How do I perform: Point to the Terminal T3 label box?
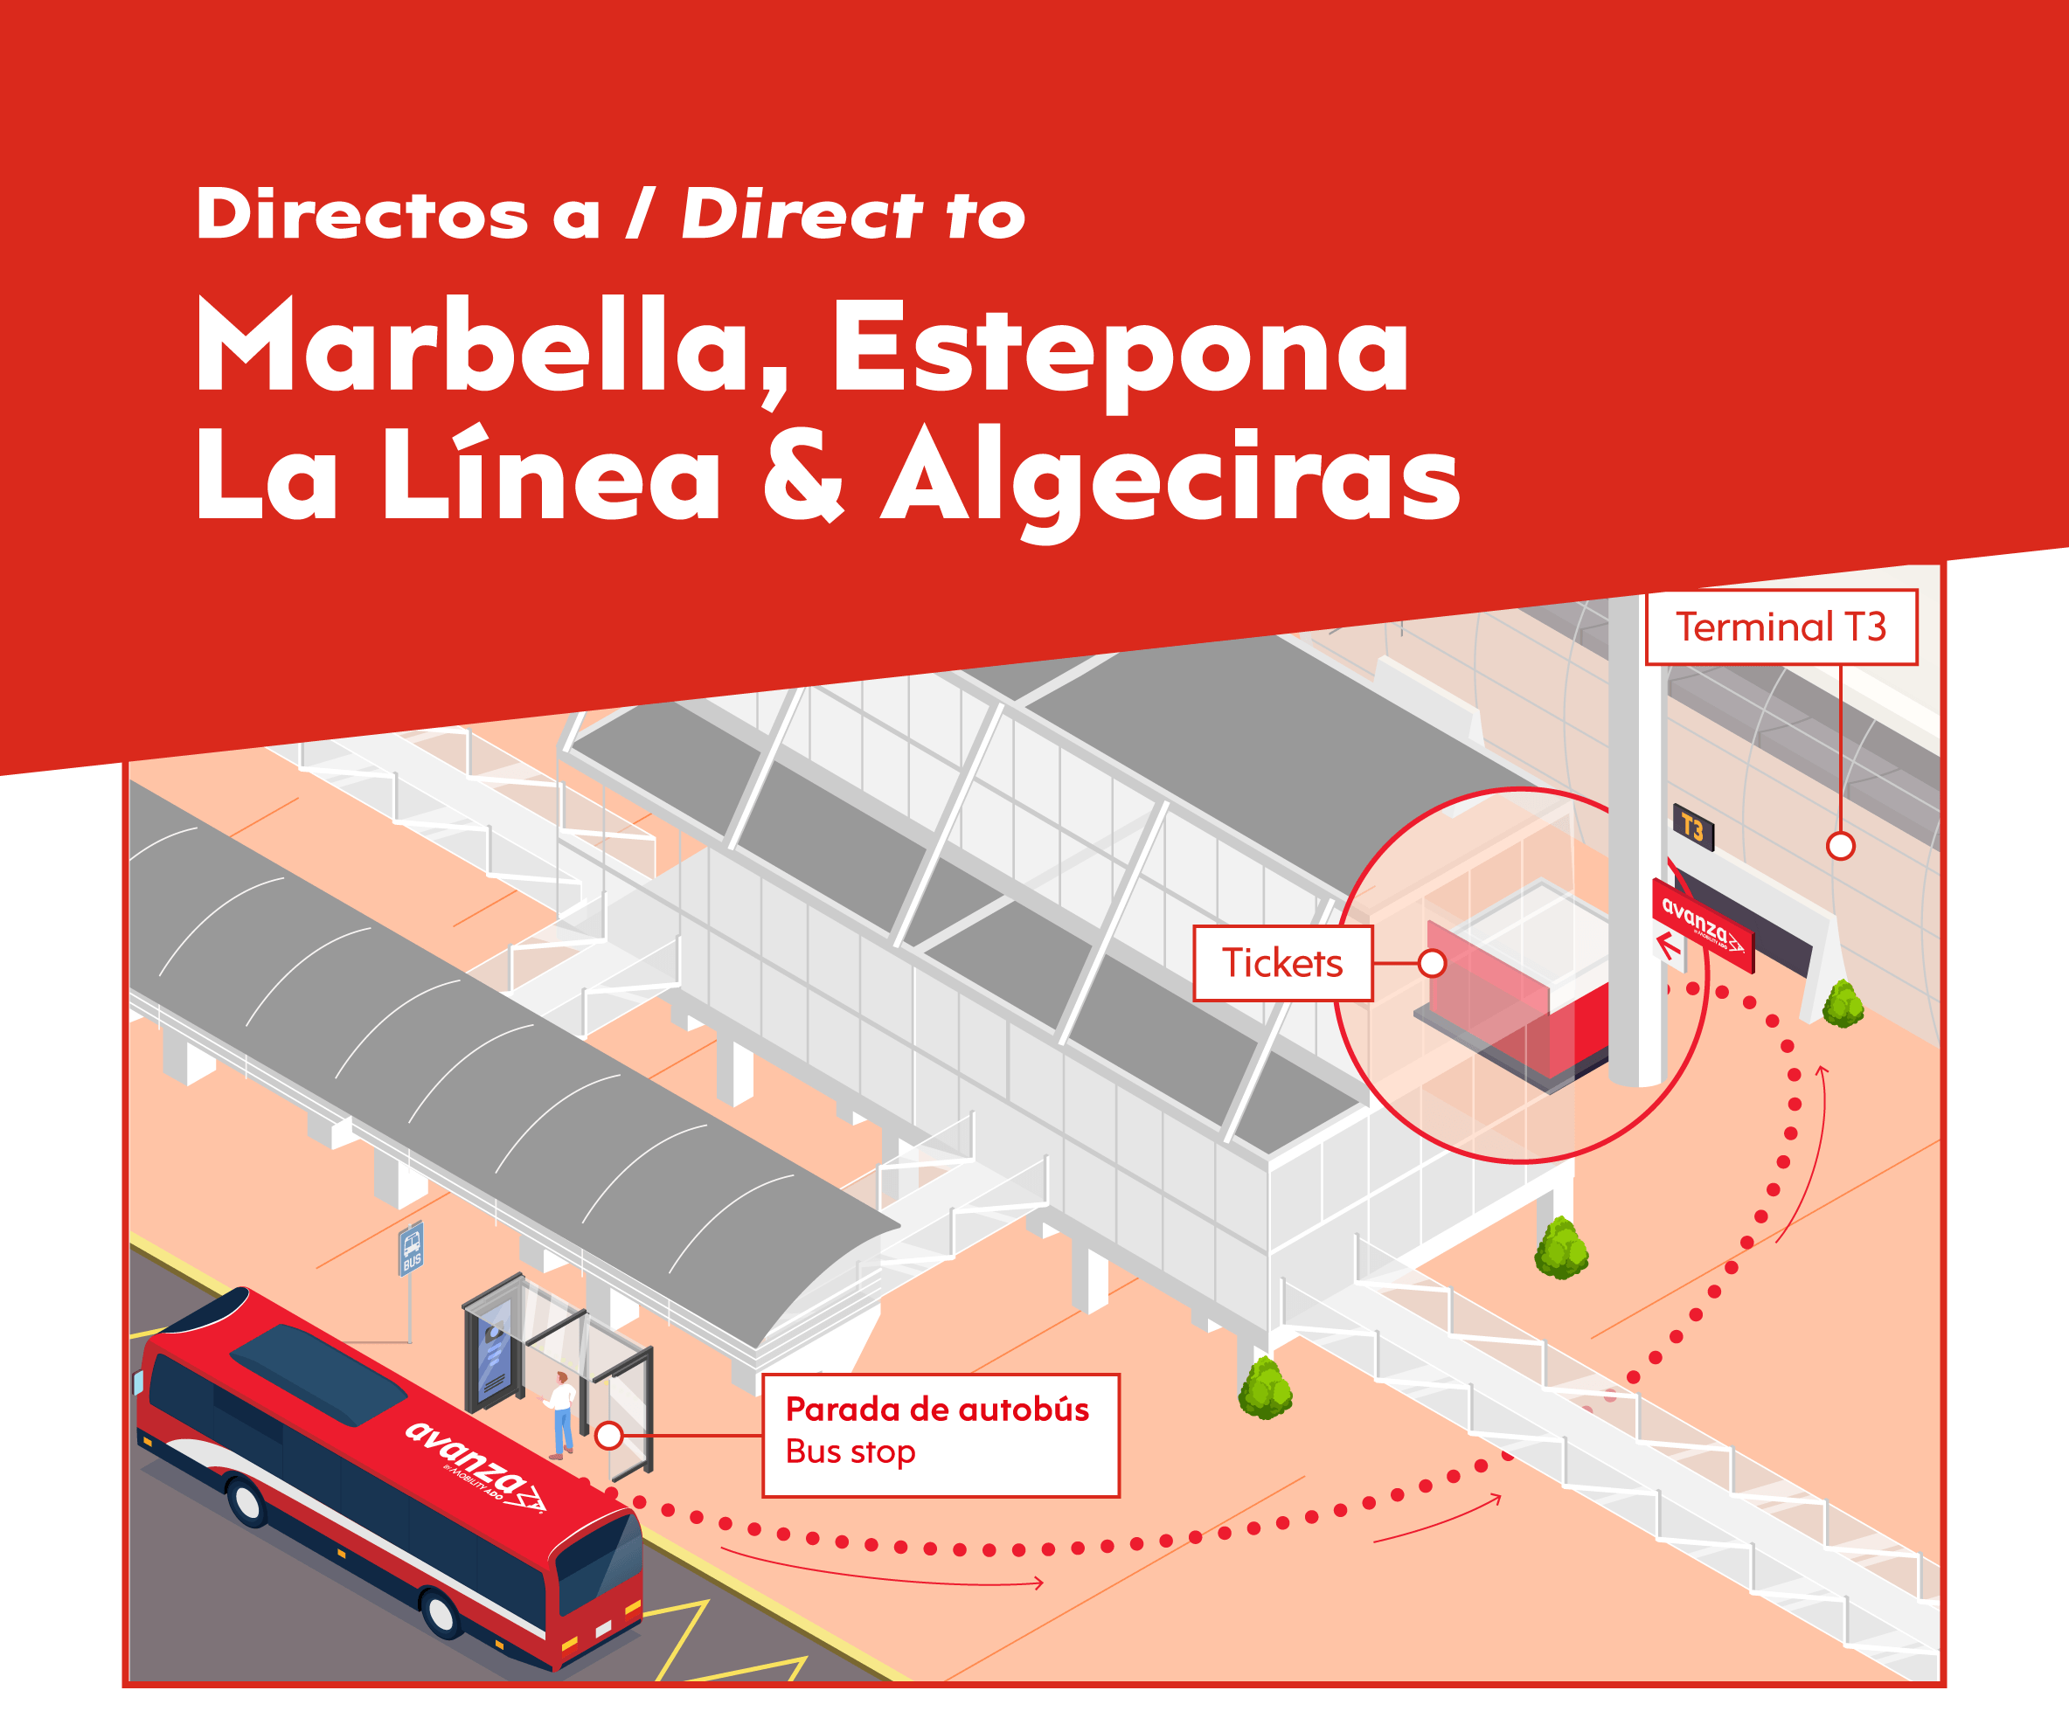[x=1781, y=627]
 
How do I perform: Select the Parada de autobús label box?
[x=941, y=1434]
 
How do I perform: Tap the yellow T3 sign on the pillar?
[x=1692, y=827]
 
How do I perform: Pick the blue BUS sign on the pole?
[x=412, y=1249]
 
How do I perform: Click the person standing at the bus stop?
[x=561, y=1414]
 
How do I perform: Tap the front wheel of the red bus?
[x=441, y=1612]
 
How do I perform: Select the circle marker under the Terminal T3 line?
[x=1841, y=845]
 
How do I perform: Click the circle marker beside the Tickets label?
[x=1432, y=962]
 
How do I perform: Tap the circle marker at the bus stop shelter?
[x=610, y=1435]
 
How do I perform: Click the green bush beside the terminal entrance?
[x=1843, y=1005]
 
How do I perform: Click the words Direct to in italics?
[x=853, y=215]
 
